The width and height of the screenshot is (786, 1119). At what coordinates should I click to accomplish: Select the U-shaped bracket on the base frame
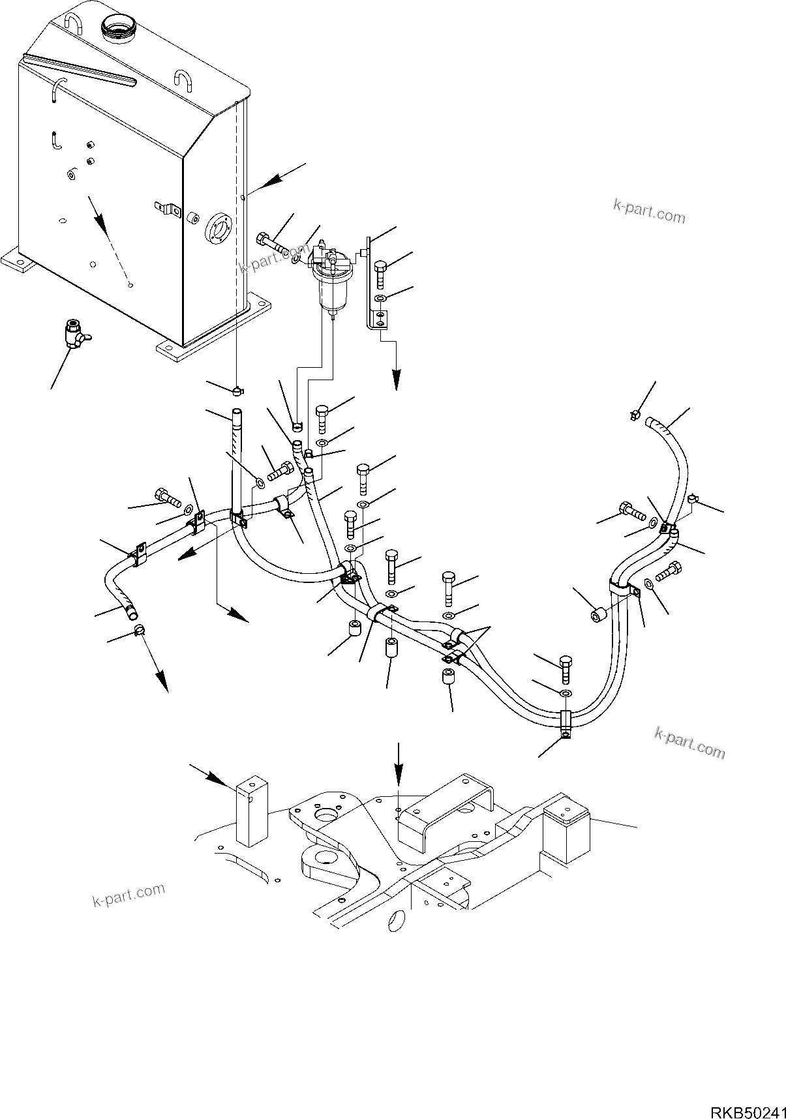[x=447, y=811]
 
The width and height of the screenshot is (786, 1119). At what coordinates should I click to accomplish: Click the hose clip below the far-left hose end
[x=140, y=629]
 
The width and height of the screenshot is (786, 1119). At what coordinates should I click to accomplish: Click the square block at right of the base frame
[x=566, y=833]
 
